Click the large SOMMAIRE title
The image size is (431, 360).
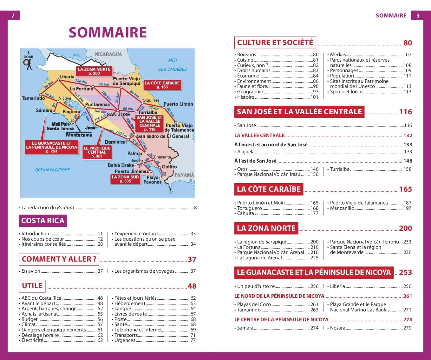pos(108,33)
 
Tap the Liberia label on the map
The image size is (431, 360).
pos(67,77)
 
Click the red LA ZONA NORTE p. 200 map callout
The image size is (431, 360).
pos(94,71)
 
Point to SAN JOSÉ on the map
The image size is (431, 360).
pos(118,114)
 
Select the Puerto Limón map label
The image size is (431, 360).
pos(178,104)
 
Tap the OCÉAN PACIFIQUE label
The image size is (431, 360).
pos(52,170)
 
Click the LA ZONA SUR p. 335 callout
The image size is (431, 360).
pos(125,179)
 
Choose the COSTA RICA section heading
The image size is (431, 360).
pos(42,221)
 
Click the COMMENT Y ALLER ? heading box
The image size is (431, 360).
pos(59,259)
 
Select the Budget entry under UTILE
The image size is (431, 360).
pos(29,319)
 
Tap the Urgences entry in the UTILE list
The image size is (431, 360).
pos(125,340)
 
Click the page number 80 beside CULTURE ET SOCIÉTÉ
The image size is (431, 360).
pos(408,43)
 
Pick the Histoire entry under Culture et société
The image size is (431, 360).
pos(245,97)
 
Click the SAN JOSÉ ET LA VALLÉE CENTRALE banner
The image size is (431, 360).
pos(299,112)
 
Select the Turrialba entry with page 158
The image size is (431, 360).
pos(340,169)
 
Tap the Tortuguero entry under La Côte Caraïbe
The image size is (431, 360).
pos(250,208)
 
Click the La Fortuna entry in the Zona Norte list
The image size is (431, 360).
pos(249,247)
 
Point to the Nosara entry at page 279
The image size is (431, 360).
pos(337,328)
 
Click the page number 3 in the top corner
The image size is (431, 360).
pos(418,15)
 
